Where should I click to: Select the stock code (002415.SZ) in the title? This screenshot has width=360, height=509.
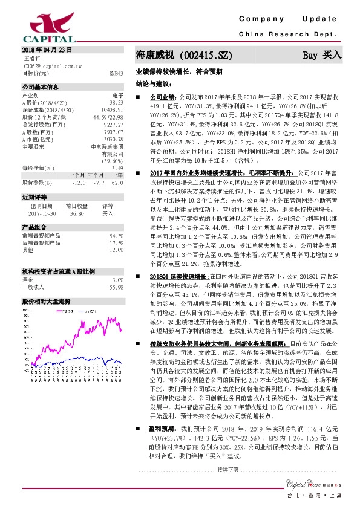click(208, 55)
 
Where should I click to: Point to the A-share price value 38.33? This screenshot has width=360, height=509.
click(117, 102)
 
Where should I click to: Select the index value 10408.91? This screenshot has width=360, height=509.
click(113, 109)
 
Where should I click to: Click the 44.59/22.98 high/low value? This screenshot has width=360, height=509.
click(109, 117)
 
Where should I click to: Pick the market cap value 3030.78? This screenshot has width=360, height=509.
click(114, 139)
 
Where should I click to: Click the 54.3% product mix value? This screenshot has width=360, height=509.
click(116, 235)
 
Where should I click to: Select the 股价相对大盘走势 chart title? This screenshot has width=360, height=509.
click(46, 300)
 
